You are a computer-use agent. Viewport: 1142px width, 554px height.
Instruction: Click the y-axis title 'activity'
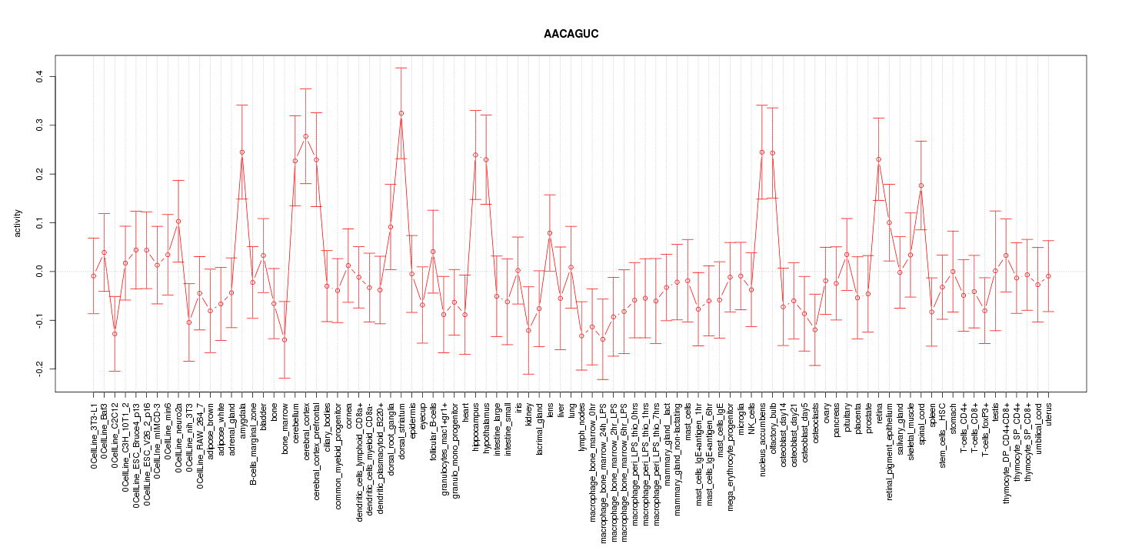[29, 223]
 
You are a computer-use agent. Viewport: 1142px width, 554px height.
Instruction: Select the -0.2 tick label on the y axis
[42, 369]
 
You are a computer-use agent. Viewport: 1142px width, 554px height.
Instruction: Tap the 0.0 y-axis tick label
[42, 272]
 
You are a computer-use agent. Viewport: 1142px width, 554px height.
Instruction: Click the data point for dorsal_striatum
[401, 113]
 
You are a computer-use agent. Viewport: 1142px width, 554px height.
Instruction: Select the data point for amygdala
[241, 152]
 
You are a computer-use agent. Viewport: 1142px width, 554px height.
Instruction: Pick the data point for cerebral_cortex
[305, 136]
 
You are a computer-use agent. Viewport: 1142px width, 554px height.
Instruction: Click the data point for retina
[879, 159]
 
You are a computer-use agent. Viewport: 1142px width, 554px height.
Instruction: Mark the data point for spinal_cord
[921, 185]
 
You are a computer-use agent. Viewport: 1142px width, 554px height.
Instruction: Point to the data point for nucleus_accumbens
[762, 152]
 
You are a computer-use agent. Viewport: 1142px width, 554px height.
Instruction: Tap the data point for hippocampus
[475, 155]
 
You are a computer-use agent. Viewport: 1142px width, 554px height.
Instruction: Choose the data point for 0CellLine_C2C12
[114, 334]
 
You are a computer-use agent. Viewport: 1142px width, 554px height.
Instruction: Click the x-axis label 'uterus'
[1049, 416]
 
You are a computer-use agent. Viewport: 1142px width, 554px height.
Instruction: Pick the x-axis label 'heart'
[465, 412]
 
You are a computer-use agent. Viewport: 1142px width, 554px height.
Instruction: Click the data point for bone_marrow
[285, 339]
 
